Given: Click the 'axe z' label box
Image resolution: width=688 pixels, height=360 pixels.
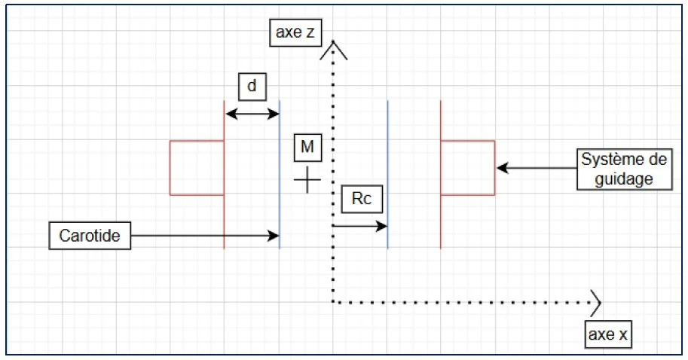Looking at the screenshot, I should [295, 34].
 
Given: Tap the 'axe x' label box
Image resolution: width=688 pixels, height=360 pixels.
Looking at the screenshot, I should [607, 334].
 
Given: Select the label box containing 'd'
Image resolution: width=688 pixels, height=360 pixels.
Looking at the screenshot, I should [252, 87].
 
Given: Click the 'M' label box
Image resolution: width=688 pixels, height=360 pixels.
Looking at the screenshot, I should [307, 148].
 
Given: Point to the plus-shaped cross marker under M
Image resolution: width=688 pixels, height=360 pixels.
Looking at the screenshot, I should [307, 181].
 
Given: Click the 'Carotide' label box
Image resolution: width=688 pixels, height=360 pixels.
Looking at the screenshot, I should [90, 236].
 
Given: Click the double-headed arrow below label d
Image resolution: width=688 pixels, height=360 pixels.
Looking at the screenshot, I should [252, 114].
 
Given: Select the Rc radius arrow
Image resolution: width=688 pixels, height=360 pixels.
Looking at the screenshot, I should [359, 225].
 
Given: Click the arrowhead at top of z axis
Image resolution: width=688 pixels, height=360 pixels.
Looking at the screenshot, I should [332, 50].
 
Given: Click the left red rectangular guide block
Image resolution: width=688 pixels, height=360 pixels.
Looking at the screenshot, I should [197, 168].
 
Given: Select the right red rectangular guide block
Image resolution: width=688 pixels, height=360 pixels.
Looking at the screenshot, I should [467, 168].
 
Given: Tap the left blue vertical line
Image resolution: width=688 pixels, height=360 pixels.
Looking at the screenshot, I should [280, 173].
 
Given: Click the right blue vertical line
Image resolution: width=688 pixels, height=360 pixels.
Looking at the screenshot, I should [387, 173].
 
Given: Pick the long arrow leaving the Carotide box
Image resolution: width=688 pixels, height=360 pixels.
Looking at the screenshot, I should [203, 236].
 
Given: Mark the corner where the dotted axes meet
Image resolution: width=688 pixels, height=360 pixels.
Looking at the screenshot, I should [332, 303].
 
